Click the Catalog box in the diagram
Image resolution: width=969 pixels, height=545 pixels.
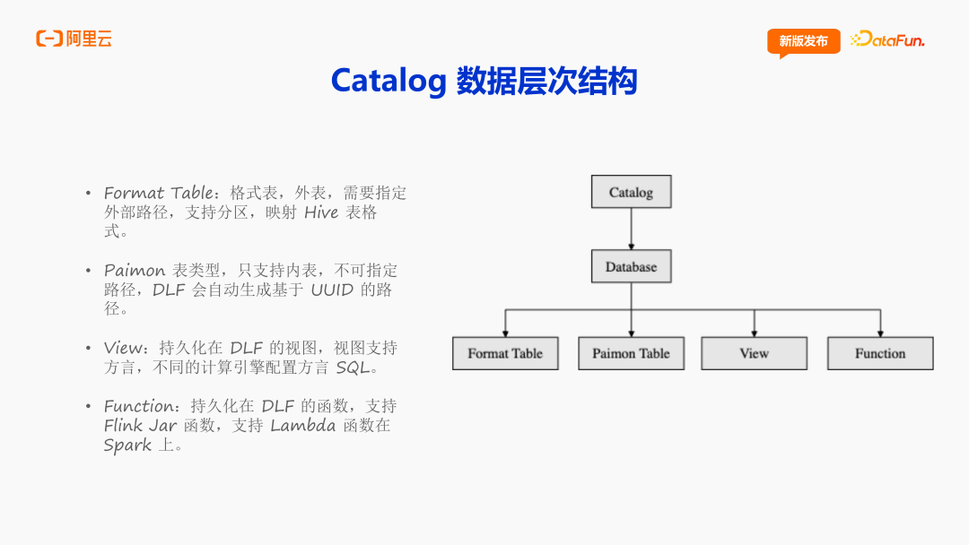631,192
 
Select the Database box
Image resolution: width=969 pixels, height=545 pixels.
631,267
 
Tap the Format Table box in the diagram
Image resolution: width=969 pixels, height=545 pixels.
504,353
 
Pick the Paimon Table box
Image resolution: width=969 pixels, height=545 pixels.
631,353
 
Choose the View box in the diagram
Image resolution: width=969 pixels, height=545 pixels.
754,353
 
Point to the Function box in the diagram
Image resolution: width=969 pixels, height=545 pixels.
880,353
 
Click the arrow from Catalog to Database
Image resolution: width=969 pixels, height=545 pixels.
631,229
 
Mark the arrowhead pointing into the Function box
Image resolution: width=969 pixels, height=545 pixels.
880,333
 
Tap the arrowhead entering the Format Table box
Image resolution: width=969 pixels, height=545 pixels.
505,333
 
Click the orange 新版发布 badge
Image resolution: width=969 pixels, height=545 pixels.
803,41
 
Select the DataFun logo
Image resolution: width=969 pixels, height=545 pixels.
887,39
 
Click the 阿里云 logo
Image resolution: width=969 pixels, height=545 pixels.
74,39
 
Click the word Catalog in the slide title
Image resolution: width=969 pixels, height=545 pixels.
388,81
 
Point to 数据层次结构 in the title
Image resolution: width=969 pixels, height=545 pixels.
546,81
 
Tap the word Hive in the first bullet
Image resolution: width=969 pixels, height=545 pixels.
321,212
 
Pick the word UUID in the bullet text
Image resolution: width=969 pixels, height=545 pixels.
333,290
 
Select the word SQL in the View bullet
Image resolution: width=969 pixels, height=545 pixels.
353,368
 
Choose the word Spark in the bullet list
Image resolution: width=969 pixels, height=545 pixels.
127,446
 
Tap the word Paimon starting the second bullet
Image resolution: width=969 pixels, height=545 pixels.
135,271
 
